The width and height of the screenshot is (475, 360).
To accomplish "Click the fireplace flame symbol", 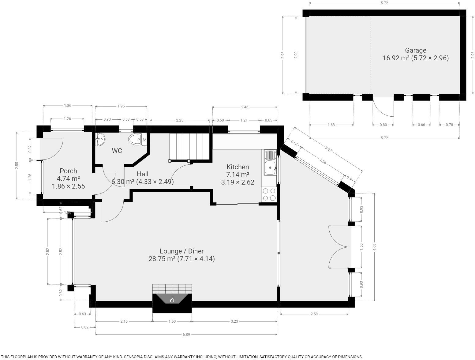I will (172, 300).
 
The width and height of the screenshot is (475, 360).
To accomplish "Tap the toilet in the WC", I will (138, 140).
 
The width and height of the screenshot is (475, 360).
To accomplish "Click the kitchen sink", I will (270, 162).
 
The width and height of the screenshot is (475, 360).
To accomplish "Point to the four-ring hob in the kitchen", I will (269, 194).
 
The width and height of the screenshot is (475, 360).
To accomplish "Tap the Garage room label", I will (415, 51).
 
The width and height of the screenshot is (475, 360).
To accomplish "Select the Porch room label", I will (68, 171).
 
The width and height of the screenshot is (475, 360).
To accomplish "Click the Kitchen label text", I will (238, 167).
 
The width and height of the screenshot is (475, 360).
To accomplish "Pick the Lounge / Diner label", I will (181, 251).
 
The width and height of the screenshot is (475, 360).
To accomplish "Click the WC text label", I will (117, 151).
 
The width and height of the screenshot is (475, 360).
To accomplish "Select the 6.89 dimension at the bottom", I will (186, 334).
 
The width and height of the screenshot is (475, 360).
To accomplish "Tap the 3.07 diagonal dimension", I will (328, 149).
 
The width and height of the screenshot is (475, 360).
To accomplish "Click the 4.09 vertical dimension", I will (375, 247).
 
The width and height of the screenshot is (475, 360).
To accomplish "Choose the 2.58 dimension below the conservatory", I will (314, 314).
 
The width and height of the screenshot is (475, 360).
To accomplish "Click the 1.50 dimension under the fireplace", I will (172, 321).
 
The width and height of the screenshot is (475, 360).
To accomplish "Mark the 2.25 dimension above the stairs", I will (180, 120).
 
